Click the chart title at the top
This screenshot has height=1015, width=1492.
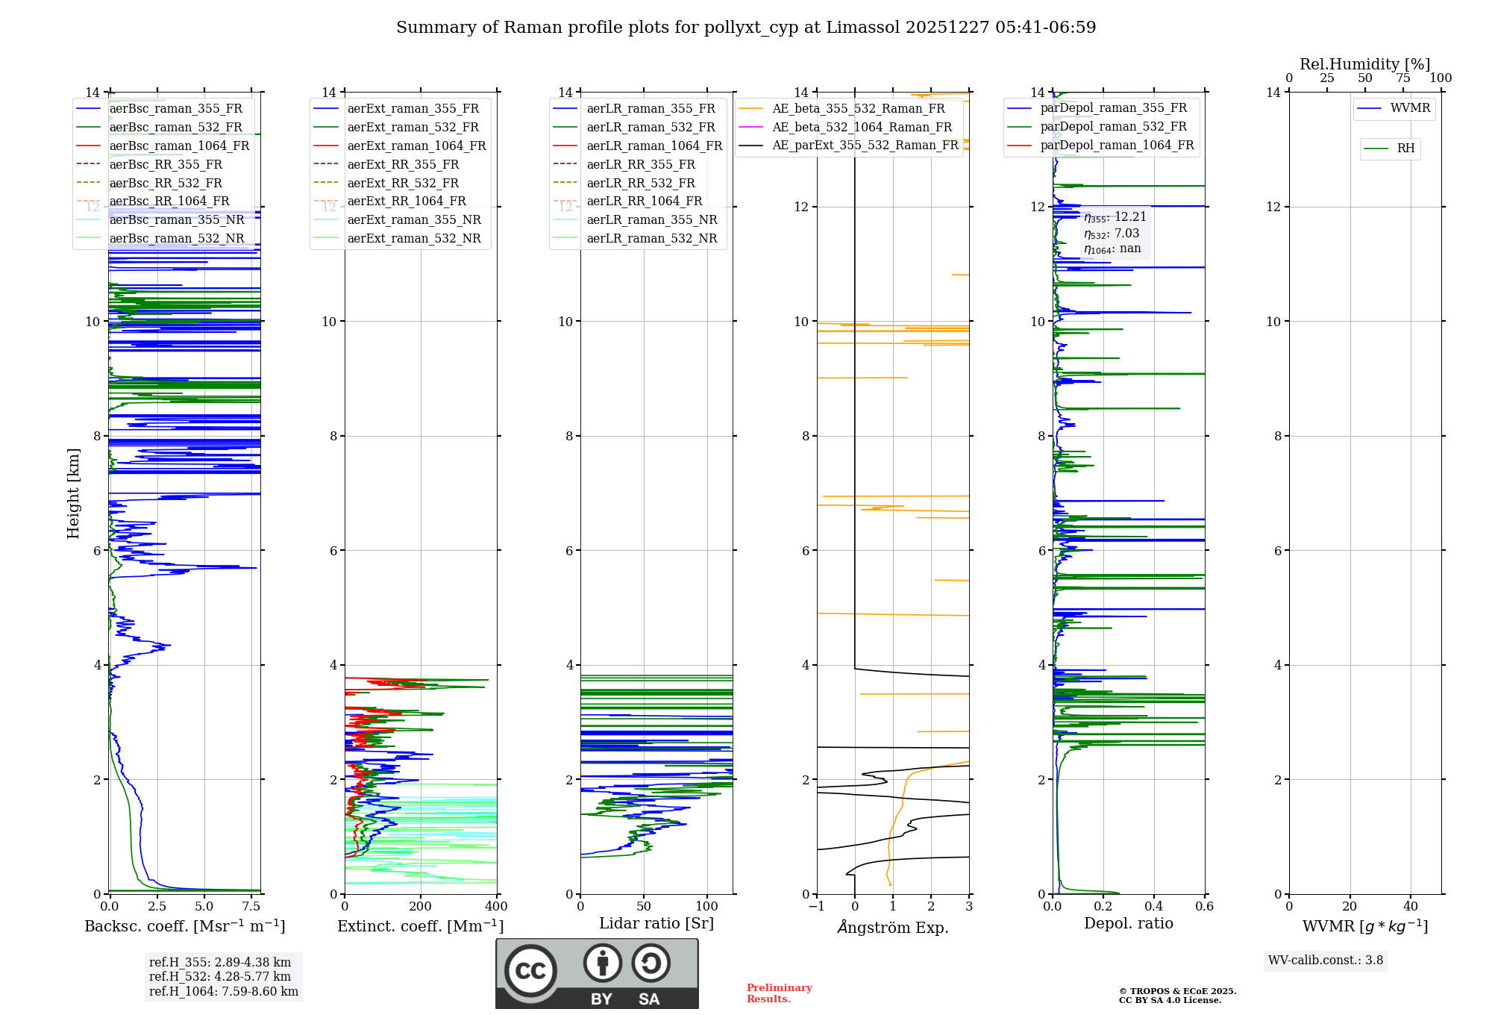coord(746,28)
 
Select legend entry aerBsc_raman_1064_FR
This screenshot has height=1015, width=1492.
coord(179,146)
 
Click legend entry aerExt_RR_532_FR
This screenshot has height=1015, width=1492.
coord(403,183)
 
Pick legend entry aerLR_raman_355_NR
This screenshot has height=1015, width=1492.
coord(651,219)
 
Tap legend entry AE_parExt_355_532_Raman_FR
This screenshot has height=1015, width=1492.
coord(865,145)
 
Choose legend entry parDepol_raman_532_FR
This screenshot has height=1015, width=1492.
coord(1113,126)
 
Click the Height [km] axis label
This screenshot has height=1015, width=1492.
coord(73,493)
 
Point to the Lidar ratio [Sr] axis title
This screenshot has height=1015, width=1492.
coord(656,923)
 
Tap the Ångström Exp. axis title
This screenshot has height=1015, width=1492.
coord(893,927)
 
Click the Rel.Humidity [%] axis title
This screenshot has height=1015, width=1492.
coord(1364,64)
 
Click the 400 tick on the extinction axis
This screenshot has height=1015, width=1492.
coord(496,907)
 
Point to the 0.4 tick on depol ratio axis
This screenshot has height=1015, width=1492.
coord(1154,907)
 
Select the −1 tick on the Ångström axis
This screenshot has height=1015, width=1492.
coord(817,907)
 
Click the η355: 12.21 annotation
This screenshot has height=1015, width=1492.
coord(1115,217)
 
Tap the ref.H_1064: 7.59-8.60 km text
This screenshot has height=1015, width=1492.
coord(224,992)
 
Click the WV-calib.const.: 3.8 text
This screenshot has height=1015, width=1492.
coord(1326,961)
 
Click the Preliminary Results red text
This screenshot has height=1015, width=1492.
coord(779,993)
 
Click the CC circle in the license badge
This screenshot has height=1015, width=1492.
coord(530,971)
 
